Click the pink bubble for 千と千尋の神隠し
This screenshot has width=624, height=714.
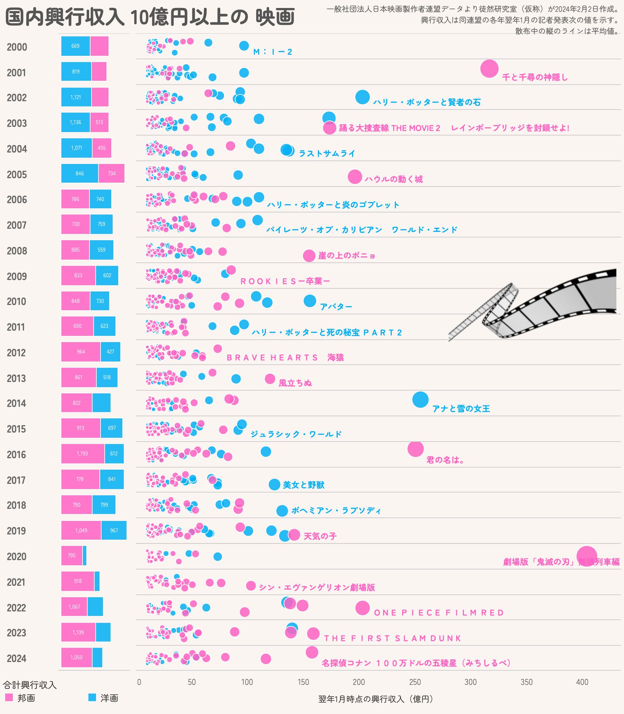tap(489, 68)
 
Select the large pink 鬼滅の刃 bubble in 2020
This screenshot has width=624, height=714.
tap(586, 556)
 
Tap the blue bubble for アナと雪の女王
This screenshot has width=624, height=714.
tap(420, 400)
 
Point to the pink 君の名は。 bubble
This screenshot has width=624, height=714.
tap(415, 449)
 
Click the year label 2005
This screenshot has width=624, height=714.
tap(17, 174)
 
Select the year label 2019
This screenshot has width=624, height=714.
tap(17, 531)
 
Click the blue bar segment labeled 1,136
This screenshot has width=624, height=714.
tap(75, 122)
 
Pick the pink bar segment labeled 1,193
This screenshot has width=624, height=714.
tap(83, 454)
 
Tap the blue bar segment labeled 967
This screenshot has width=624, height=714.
tap(114, 530)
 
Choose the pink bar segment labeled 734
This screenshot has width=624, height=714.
tap(112, 173)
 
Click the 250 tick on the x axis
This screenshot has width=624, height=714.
tap(415, 682)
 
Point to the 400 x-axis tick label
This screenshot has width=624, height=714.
tap(582, 682)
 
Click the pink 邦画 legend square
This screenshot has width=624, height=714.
tap(9, 697)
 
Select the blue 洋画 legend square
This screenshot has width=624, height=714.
tap(92, 697)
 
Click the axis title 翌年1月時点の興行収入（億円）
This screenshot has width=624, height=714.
tap(375, 699)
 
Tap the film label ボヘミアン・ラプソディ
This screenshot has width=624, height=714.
tap(336, 511)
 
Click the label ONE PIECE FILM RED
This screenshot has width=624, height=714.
tap(439, 613)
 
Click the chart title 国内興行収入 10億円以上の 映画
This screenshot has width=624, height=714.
tap(150, 17)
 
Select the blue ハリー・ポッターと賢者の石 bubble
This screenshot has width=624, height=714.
tap(362, 97)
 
